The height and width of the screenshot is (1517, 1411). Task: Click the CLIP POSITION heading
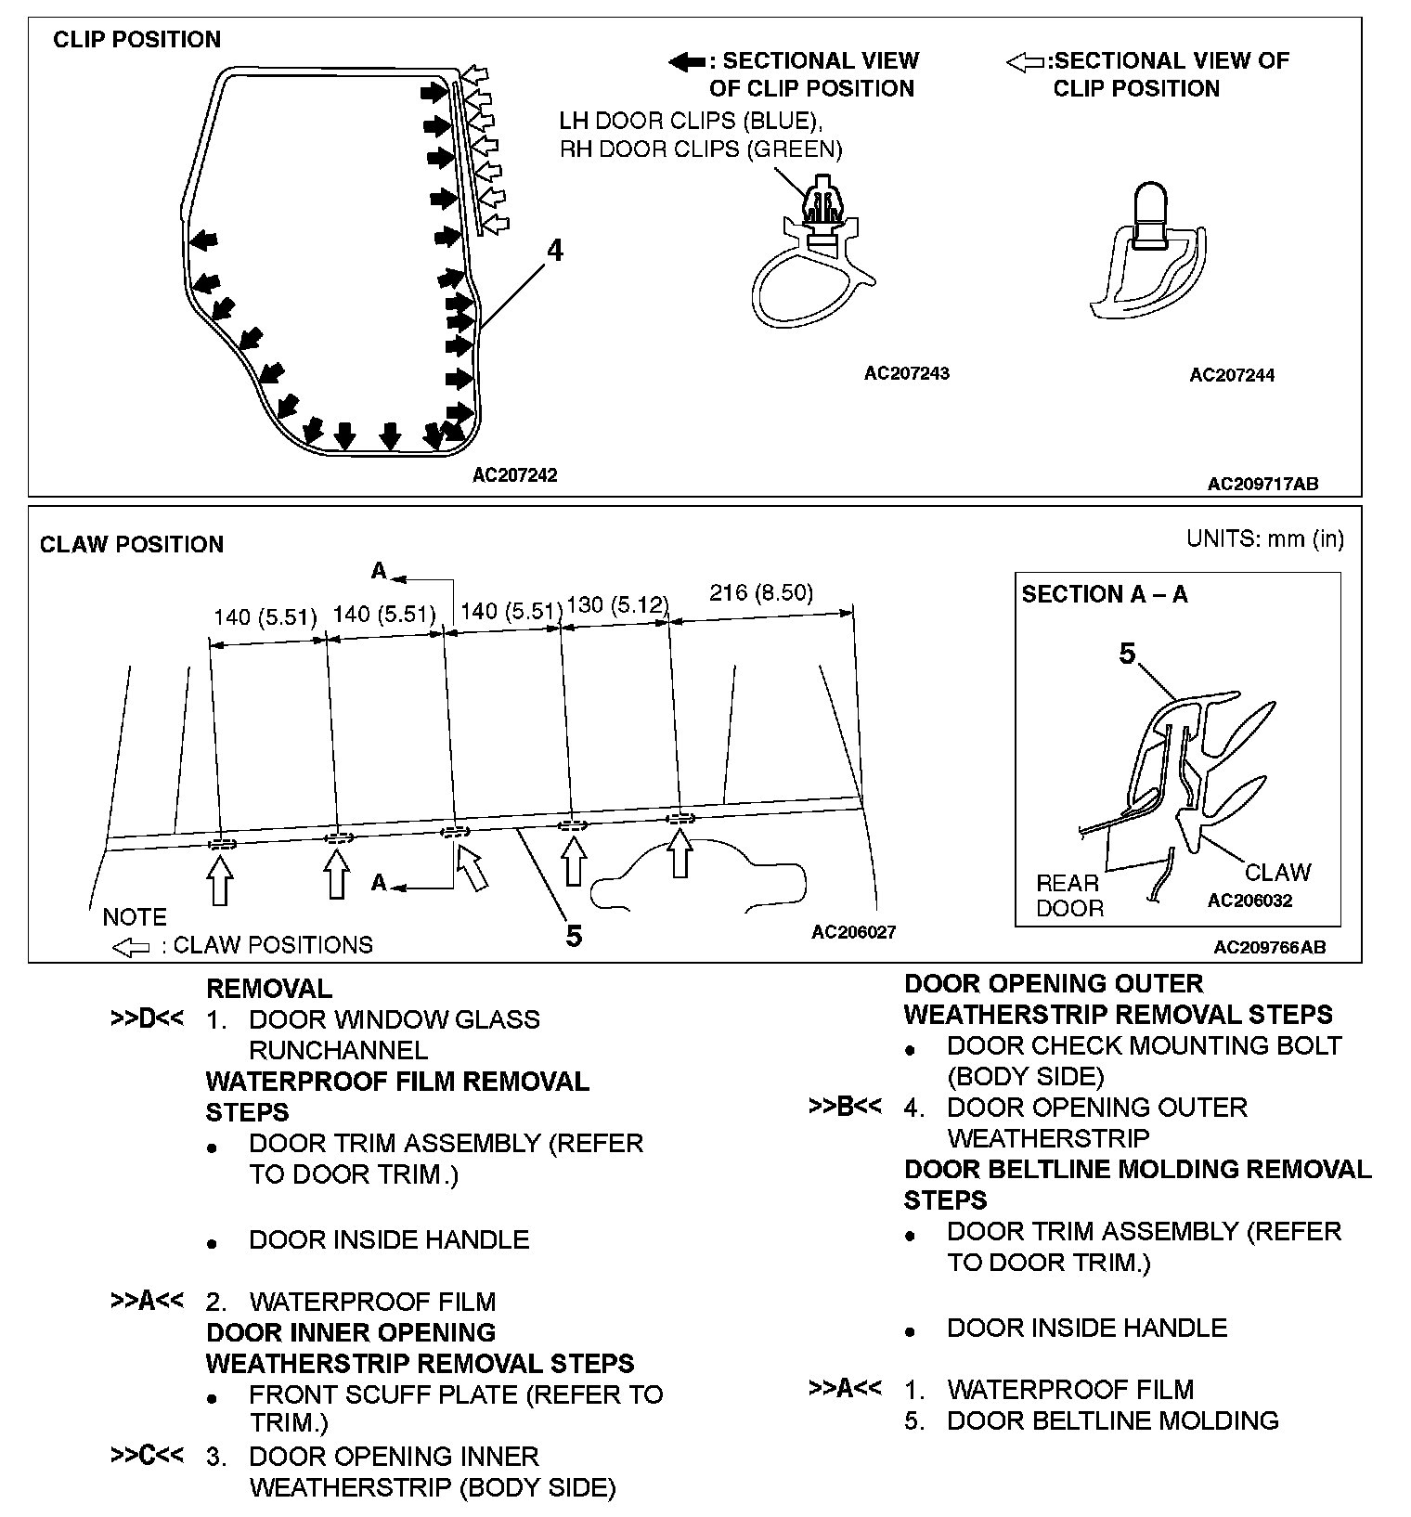click(136, 40)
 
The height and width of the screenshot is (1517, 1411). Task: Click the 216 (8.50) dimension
click(760, 593)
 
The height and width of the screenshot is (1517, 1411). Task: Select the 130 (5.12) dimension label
click(617, 605)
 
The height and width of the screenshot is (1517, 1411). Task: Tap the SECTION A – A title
click(1104, 594)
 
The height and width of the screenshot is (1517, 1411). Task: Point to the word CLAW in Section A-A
click(1277, 872)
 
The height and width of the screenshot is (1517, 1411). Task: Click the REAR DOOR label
click(1068, 895)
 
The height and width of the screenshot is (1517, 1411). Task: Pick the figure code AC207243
click(906, 373)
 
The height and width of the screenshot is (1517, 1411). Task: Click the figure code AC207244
click(1232, 375)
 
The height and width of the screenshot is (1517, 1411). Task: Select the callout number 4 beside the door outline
click(554, 251)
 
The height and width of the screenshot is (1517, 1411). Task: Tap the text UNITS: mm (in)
click(1264, 538)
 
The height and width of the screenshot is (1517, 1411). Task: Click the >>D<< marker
click(147, 1018)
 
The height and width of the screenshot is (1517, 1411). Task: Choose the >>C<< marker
click(147, 1455)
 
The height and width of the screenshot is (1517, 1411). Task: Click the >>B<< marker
click(845, 1107)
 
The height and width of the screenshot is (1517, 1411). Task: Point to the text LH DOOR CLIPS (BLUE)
click(691, 121)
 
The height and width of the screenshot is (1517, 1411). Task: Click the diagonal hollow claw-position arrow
click(472, 867)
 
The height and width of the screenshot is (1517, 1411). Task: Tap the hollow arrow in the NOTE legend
click(130, 947)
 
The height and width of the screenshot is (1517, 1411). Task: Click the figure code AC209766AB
click(1269, 947)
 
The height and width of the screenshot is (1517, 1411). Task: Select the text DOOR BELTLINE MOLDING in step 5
click(1112, 1420)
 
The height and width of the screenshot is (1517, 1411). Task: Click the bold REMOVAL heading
click(268, 988)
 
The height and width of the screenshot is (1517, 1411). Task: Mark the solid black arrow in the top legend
click(686, 62)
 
